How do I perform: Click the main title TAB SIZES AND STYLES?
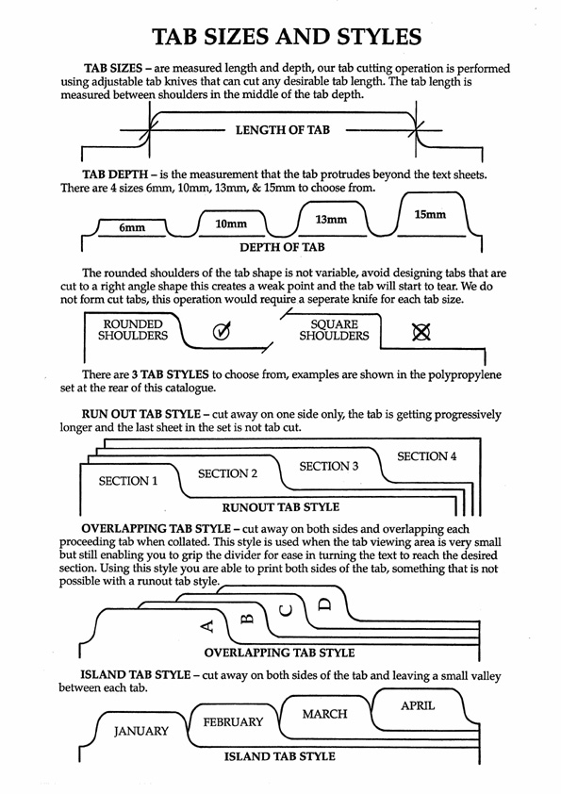[287, 37]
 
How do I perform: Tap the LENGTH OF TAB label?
[283, 130]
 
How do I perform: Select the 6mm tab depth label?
[132, 228]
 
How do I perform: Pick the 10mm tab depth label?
[231, 223]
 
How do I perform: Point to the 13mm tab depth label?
[331, 220]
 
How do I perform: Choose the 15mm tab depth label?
[430, 215]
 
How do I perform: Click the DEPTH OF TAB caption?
[282, 247]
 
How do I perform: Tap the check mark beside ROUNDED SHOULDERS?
[222, 331]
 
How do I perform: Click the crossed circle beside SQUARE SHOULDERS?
[421, 332]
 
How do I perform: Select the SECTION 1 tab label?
[128, 481]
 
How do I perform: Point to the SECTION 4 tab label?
[427, 456]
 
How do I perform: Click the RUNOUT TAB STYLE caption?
[281, 507]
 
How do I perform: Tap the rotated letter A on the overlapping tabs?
[207, 626]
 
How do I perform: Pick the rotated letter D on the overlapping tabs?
[324, 604]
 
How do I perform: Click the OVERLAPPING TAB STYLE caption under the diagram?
[279, 653]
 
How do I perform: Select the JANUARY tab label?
[140, 731]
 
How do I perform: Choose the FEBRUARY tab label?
[234, 721]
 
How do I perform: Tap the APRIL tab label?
[418, 705]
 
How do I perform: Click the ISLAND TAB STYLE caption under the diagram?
[279, 756]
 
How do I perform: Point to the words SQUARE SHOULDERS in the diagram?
[334, 330]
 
